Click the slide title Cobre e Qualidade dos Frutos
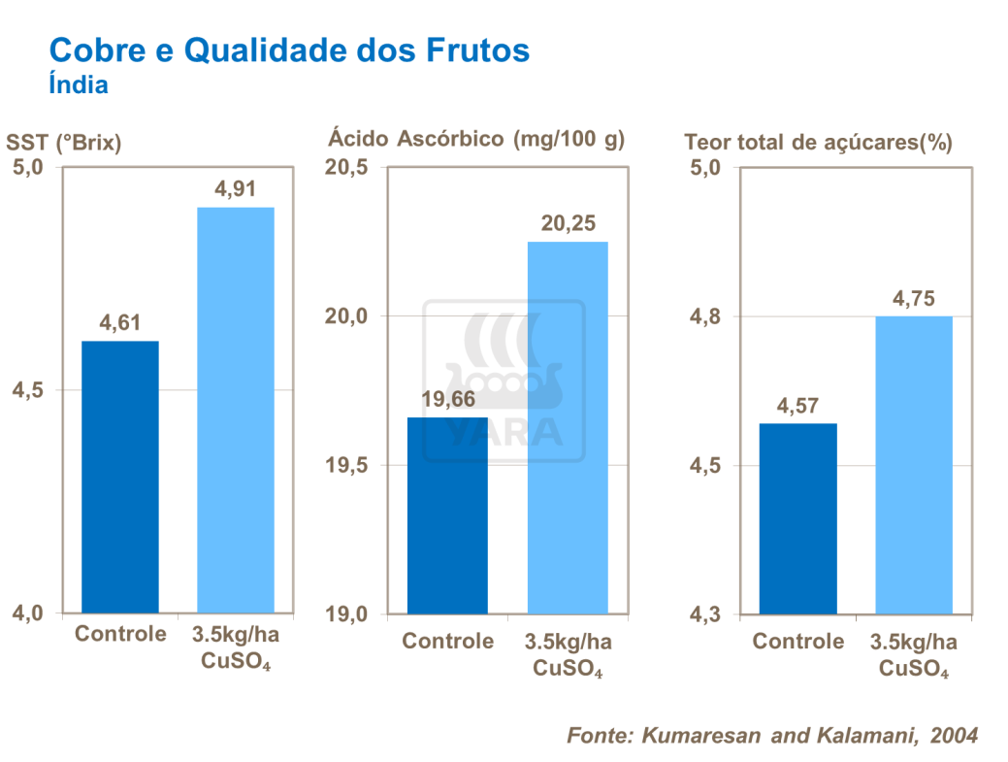[x=289, y=50]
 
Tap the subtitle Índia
[x=78, y=85]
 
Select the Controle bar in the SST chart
[x=119, y=477]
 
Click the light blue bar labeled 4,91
[x=235, y=410]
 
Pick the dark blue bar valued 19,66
[x=446, y=515]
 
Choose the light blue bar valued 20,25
[x=567, y=427]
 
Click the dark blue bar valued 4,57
[x=797, y=518]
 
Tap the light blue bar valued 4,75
[x=913, y=465]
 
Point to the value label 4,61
[x=119, y=322]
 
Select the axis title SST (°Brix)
[x=64, y=143]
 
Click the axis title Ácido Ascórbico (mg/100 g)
[x=475, y=139]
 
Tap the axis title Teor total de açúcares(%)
[x=818, y=143]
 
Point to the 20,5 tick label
[x=346, y=167]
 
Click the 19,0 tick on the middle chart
[x=346, y=613]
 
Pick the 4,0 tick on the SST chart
[x=26, y=613]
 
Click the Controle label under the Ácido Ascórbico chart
[x=447, y=642]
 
